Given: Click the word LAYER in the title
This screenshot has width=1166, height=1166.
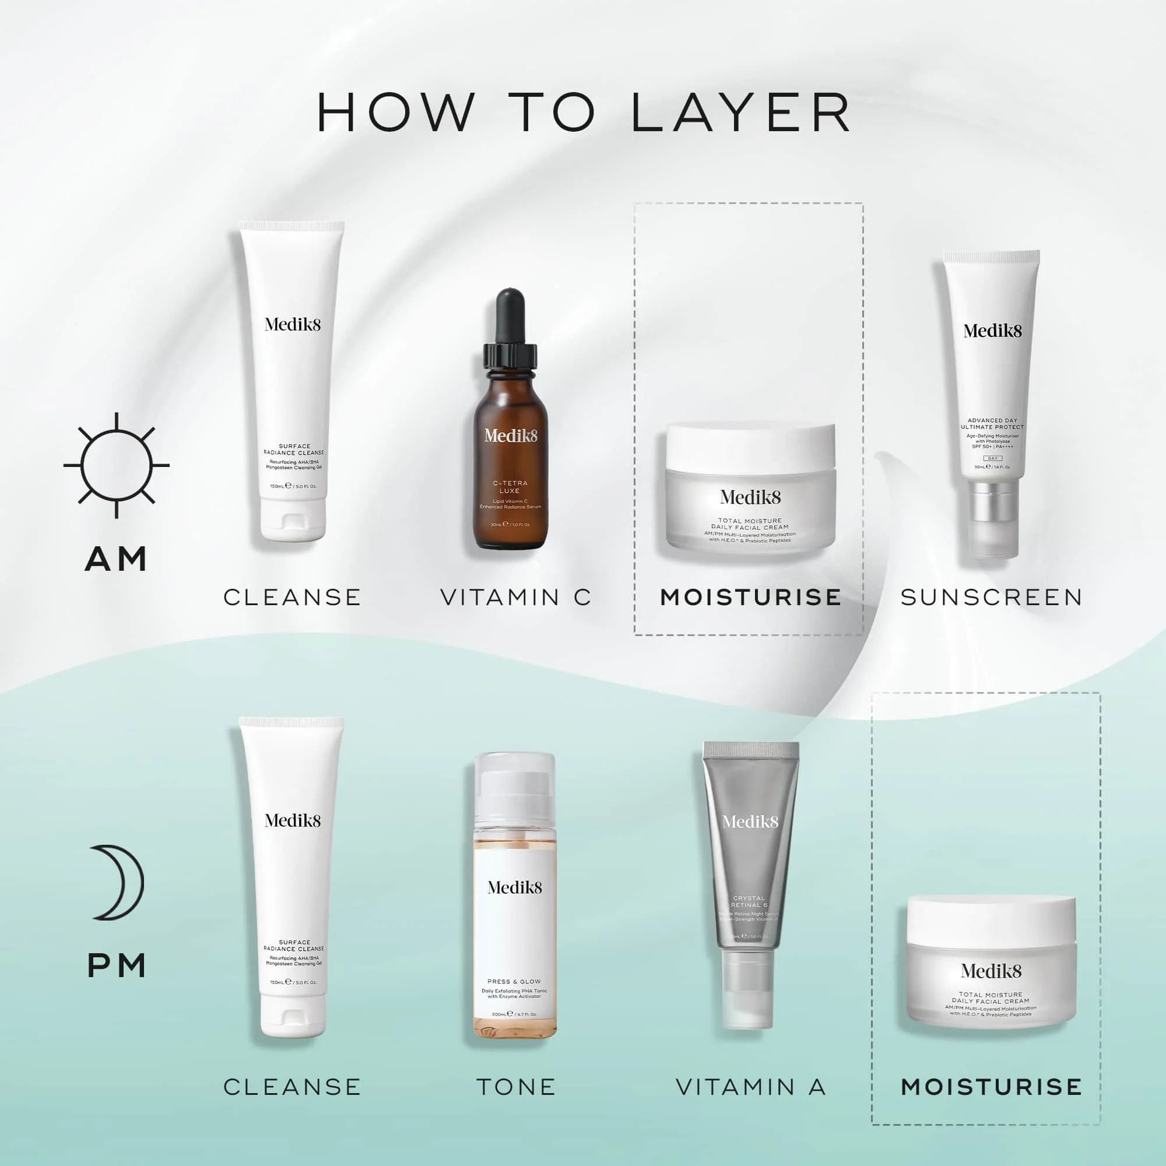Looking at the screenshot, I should (x=741, y=113).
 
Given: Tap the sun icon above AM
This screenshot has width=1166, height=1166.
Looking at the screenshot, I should (x=117, y=465).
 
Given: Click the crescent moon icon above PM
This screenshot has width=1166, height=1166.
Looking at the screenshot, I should (x=118, y=882).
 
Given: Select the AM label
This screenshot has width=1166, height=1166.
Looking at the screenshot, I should (x=117, y=559).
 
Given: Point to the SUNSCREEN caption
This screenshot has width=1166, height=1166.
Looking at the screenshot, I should (x=992, y=598).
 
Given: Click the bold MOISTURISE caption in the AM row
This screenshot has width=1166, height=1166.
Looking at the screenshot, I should (x=750, y=598).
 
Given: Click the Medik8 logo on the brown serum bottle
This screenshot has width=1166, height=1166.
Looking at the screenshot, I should (x=511, y=435).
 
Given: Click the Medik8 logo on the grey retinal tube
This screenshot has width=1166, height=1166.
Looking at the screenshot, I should (x=750, y=821).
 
